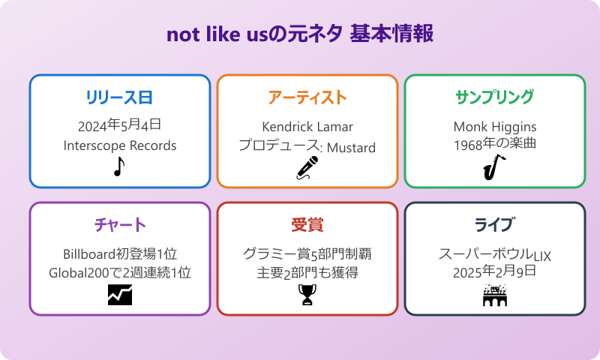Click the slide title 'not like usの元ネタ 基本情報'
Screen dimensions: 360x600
[300, 35]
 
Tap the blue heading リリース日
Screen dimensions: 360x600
[119, 97]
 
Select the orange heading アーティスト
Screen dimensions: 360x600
[307, 97]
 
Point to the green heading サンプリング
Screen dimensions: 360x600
[495, 97]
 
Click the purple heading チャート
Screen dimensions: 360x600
[119, 225]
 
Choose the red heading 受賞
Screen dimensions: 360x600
[307, 225]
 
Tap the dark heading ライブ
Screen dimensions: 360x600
[495, 225]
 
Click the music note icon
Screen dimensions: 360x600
[118, 167]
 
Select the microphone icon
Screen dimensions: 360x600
[307, 169]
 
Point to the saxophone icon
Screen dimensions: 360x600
[494, 167]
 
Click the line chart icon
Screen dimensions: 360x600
[119, 295]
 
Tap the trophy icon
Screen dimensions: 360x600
[307, 295]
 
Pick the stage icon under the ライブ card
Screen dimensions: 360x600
[494, 295]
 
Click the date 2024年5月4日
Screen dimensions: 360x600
[119, 125]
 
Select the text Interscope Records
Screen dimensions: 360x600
[119, 145]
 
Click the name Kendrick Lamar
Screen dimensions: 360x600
[307, 126]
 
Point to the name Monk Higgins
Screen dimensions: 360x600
[495, 126]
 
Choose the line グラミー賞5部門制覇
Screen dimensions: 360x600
[307, 253]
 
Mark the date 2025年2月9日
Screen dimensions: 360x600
[495, 272]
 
